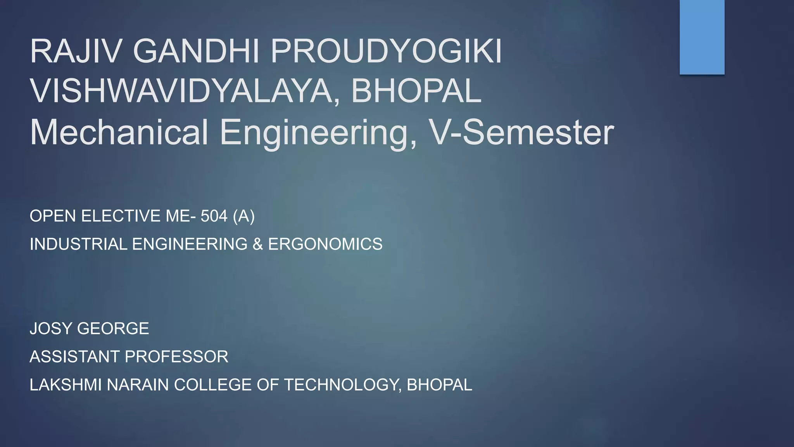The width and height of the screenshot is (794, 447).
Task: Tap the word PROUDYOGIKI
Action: click(x=386, y=52)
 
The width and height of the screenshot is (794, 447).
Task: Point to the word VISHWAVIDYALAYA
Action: click(x=185, y=91)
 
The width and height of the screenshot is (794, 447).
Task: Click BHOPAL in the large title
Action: click(x=416, y=91)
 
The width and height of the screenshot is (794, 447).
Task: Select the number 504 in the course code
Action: click(x=214, y=216)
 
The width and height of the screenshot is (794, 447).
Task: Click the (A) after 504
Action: click(x=244, y=216)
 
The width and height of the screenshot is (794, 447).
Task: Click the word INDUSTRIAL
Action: click(x=78, y=244)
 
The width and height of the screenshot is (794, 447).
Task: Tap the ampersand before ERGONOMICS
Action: click(x=257, y=244)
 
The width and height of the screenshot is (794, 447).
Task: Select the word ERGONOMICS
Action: click(x=325, y=244)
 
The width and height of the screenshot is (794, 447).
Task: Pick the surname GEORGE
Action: click(x=113, y=329)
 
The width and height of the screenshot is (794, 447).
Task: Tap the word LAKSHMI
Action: click(x=66, y=385)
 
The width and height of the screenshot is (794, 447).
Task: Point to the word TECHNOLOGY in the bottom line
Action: click(x=343, y=385)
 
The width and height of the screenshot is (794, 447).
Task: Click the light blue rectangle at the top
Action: click(x=702, y=37)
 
